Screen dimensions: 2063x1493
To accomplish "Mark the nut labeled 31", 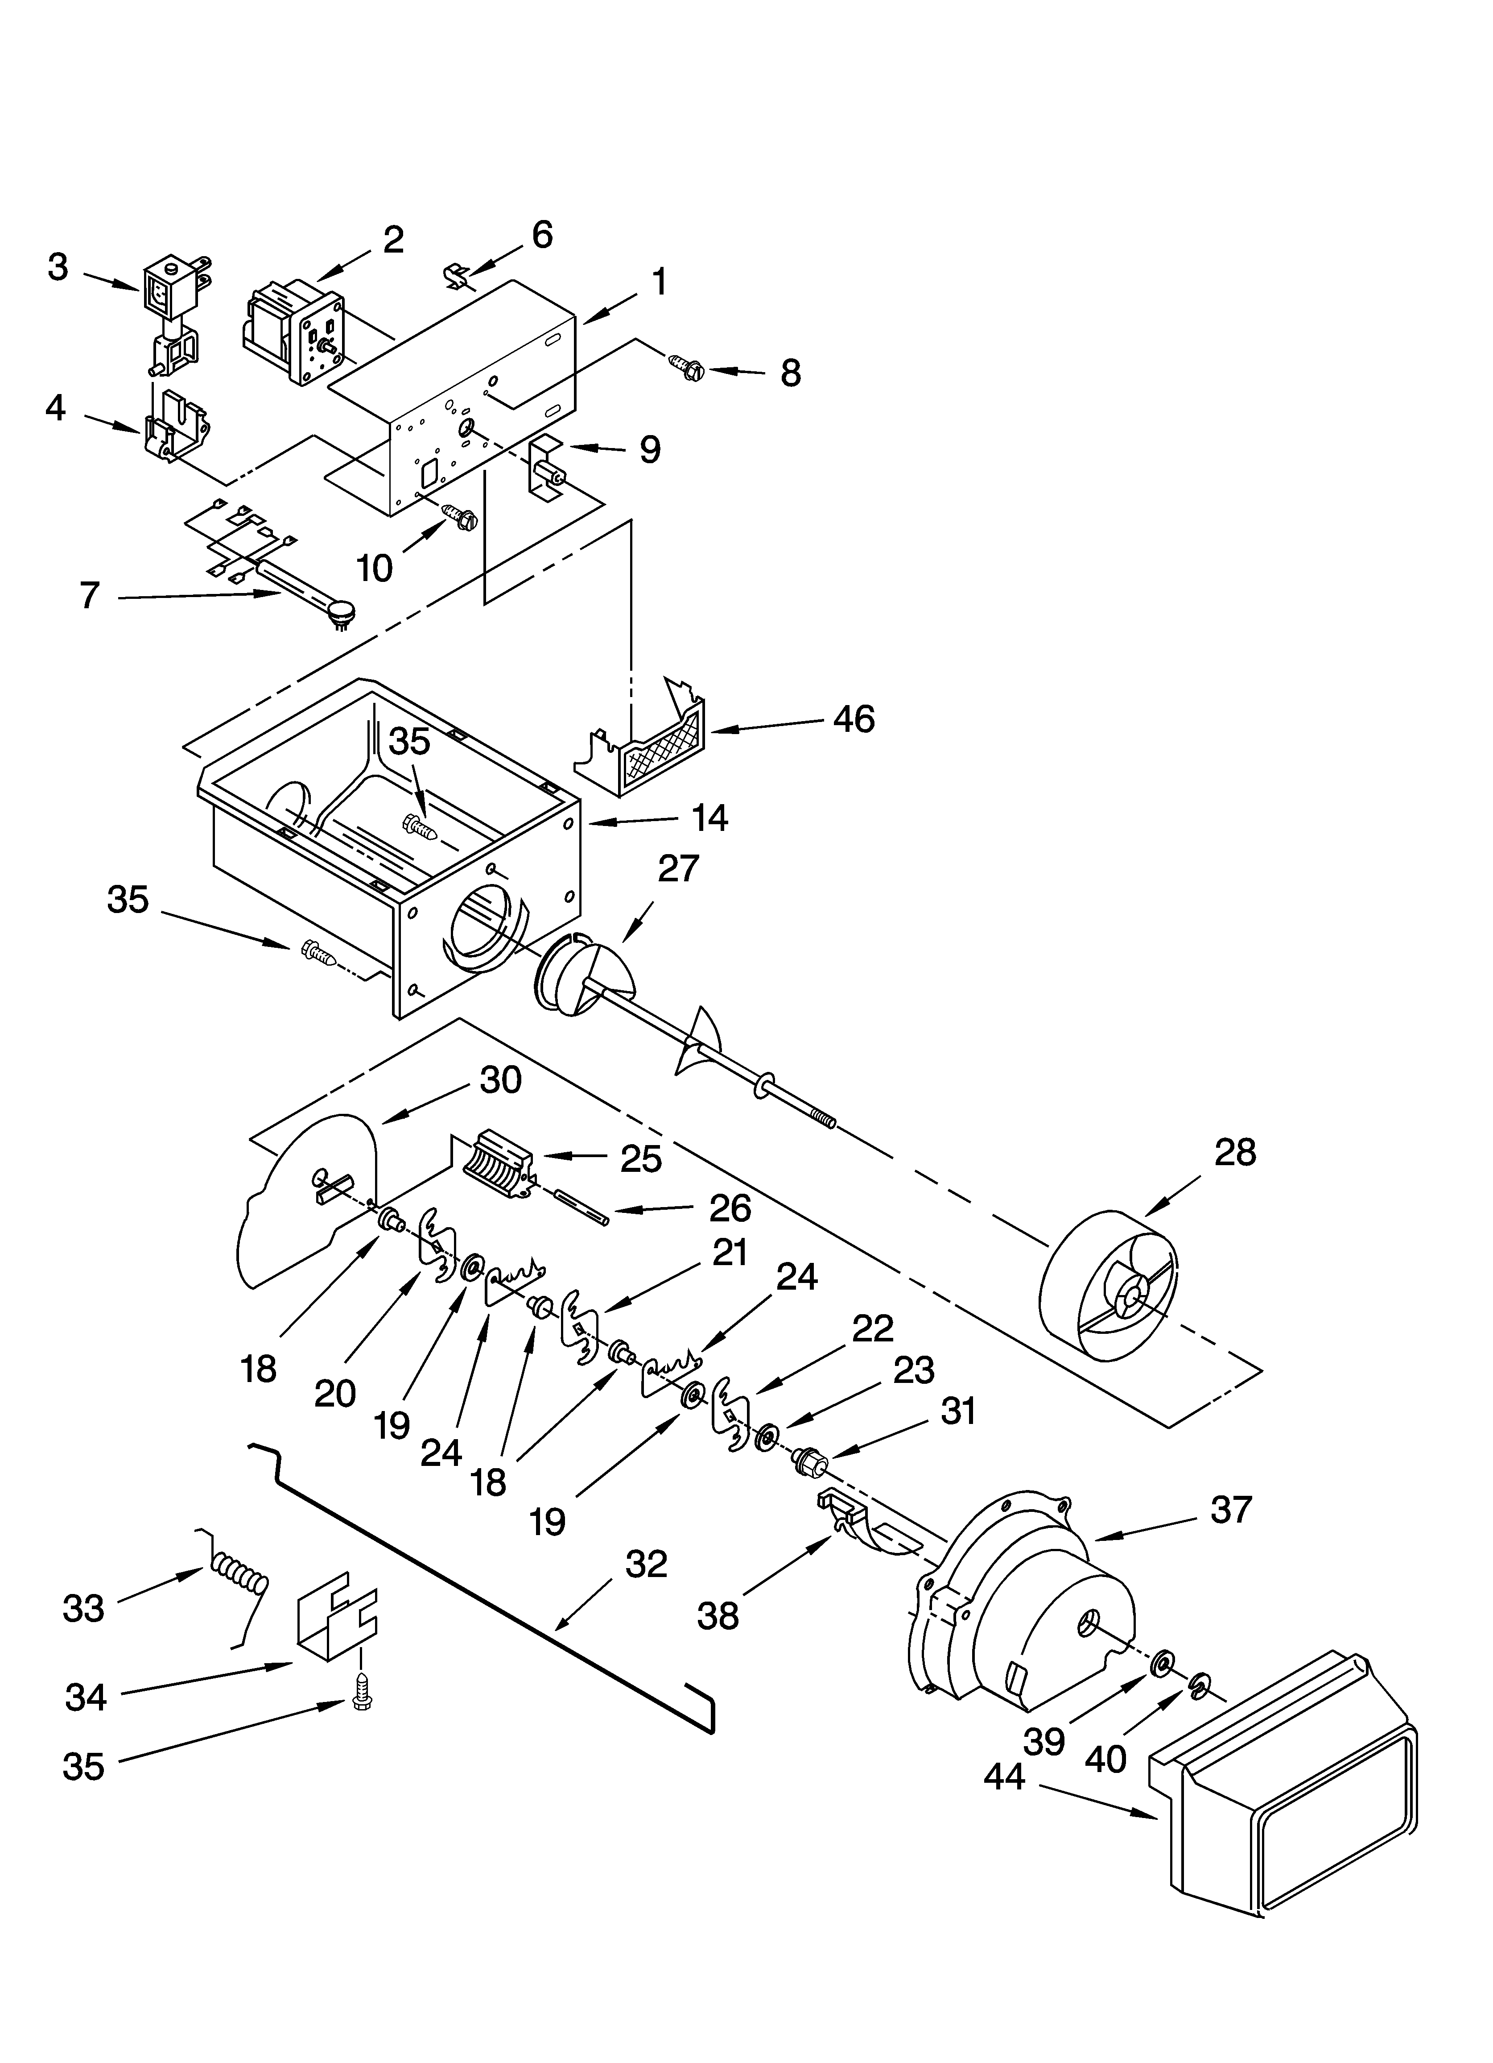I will coord(808,1462).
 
